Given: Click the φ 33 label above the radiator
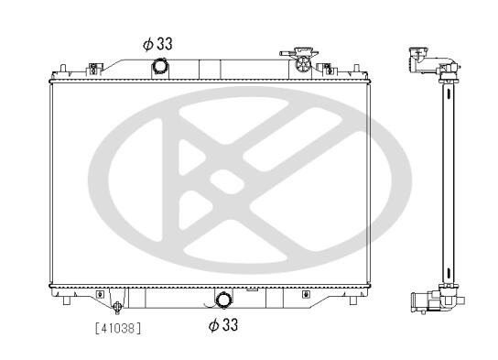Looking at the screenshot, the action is tap(157, 44).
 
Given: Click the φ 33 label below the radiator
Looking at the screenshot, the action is tap(223, 324).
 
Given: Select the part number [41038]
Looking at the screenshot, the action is tap(118, 328).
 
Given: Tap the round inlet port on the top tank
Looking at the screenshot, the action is tap(160, 66).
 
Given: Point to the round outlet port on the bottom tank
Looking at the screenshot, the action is tap(223, 300).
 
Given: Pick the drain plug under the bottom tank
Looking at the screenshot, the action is tap(117, 307).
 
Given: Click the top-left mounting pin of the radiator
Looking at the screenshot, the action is tap(63, 69).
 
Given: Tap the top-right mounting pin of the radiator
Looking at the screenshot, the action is tap(356, 69).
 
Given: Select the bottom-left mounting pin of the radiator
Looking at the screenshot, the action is tap(67, 300).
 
